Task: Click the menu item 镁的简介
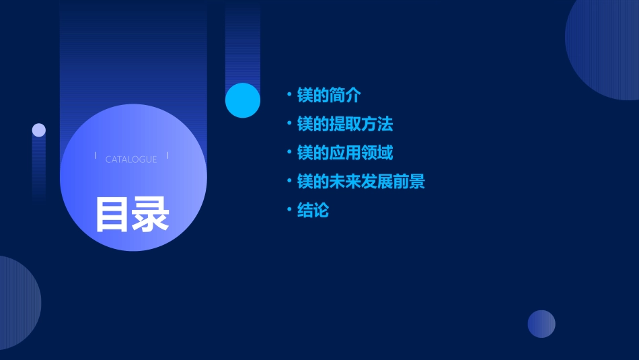click(x=329, y=96)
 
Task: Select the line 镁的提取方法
click(x=345, y=124)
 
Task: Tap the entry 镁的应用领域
click(x=345, y=153)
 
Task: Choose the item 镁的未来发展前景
click(x=361, y=182)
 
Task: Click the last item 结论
click(x=313, y=211)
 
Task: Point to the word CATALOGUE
click(x=131, y=159)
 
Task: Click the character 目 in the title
click(x=112, y=215)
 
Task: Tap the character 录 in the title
click(x=151, y=215)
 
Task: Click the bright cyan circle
click(x=243, y=100)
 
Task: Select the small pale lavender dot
click(x=39, y=130)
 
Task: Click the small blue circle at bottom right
click(x=541, y=324)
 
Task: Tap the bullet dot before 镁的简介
click(x=289, y=95)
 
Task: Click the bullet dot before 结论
click(x=289, y=210)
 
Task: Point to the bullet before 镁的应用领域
click(x=289, y=153)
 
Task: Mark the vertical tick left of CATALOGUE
click(x=96, y=155)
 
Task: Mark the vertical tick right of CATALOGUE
click(x=167, y=155)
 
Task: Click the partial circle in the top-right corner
click(x=605, y=47)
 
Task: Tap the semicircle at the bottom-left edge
click(x=17, y=303)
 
